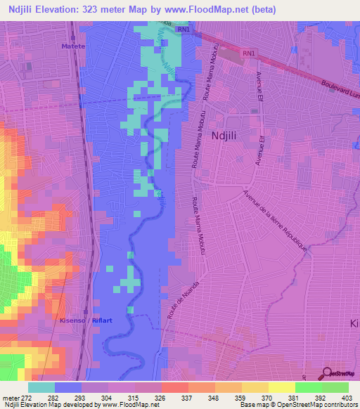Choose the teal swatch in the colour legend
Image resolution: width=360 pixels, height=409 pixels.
tap(41, 387)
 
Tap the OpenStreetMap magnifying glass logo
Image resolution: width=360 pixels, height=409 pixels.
tap(326, 373)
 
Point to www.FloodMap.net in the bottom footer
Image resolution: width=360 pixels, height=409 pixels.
tap(136, 404)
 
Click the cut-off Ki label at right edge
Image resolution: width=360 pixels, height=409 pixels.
tap(354, 322)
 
